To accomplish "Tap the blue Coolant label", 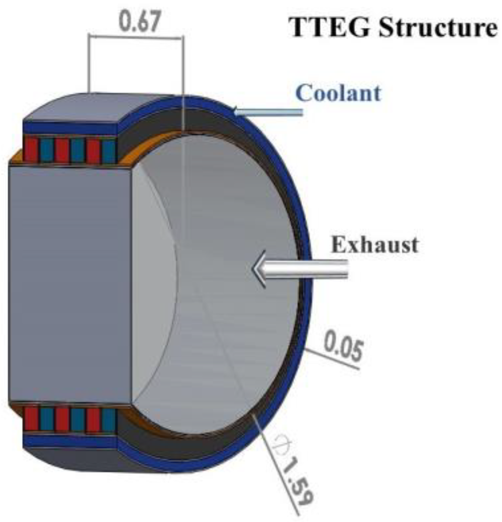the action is pyautogui.click(x=338, y=93).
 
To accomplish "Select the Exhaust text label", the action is pyautogui.click(x=374, y=244).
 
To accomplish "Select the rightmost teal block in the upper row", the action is pyautogui.click(x=109, y=150).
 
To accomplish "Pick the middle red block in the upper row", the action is pyautogui.click(x=62, y=150).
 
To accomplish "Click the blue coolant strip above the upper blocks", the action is pyautogui.click(x=70, y=128).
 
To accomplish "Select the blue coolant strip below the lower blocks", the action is pyautogui.click(x=70, y=440).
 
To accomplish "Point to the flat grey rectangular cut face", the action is pyautogui.click(x=70, y=282).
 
